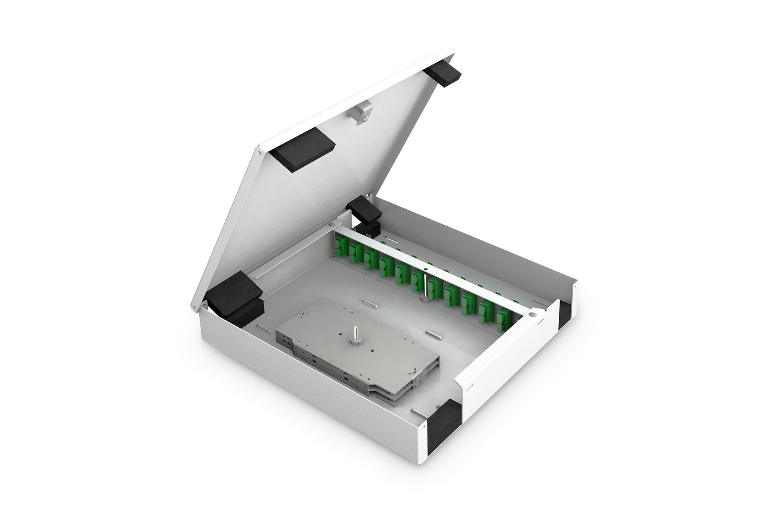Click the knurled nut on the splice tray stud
coord(354,341)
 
